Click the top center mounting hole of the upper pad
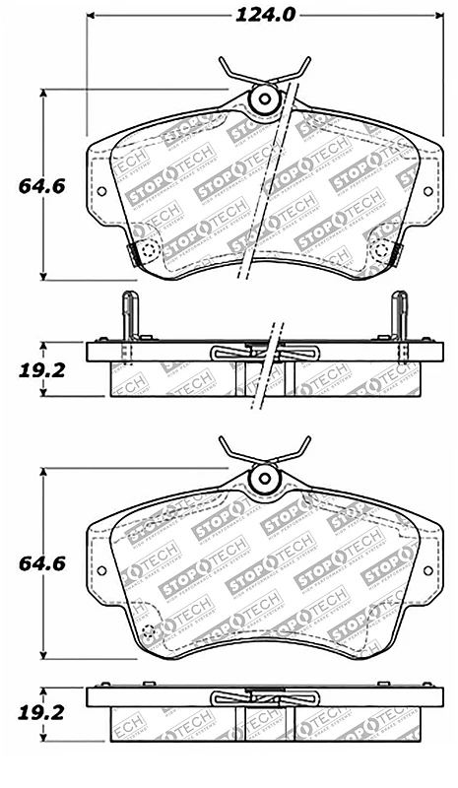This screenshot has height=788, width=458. (264, 98)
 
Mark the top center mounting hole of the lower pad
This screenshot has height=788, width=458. (264, 479)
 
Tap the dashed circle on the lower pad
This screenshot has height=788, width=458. (148, 632)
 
